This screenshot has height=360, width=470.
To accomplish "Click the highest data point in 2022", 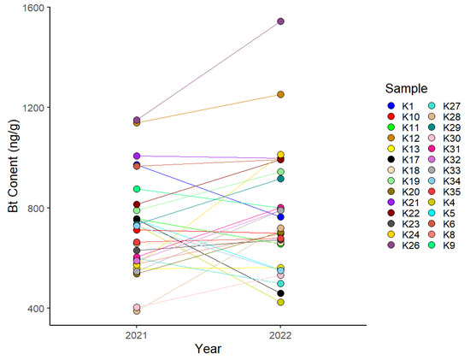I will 280,21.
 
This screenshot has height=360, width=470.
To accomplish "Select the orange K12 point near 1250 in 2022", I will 280,94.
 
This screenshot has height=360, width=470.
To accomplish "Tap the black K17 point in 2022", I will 280,293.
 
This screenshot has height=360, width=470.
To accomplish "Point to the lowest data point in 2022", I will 280,302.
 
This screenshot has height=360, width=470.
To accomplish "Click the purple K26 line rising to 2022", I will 209,70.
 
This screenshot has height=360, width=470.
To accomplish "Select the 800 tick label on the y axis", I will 37,208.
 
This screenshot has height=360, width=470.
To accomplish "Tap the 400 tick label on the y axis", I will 37,308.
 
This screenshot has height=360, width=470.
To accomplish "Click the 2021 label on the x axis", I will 137,334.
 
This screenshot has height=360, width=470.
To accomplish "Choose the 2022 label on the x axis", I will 280,334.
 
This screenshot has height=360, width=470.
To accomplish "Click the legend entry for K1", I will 402,106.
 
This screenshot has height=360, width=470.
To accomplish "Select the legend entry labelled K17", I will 402,158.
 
